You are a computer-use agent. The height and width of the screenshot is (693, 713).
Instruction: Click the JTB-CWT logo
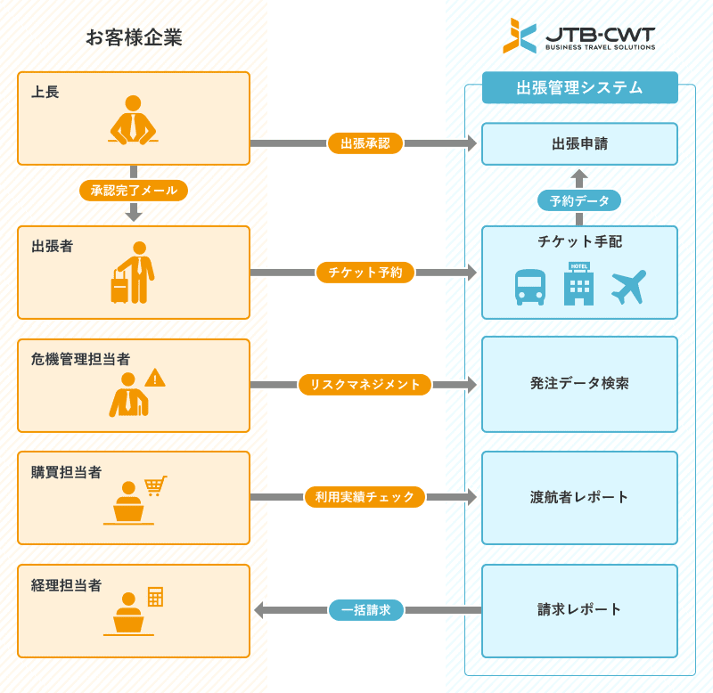click(x=578, y=36)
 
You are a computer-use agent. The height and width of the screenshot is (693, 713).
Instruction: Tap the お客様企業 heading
click(x=134, y=37)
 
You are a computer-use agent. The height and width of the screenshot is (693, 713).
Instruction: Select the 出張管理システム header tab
click(x=579, y=87)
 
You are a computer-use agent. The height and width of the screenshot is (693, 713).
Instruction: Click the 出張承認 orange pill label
click(x=365, y=143)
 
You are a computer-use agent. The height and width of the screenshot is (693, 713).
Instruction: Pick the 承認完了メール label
click(x=134, y=190)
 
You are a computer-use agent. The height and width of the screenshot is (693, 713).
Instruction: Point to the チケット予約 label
click(x=365, y=273)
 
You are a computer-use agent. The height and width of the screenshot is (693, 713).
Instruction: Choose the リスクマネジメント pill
click(x=365, y=385)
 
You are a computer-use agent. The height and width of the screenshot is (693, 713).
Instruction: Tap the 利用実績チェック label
click(x=365, y=497)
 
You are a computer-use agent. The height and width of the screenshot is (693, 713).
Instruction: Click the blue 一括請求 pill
click(x=366, y=610)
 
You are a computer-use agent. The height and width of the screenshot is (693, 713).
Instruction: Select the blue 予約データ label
click(x=579, y=200)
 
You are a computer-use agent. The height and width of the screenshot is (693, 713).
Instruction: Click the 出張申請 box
click(x=579, y=143)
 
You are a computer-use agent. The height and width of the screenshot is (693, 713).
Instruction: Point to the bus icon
click(x=529, y=287)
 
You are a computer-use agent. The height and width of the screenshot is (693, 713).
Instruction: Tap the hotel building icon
click(x=578, y=284)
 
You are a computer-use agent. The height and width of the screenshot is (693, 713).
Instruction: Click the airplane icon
click(x=628, y=287)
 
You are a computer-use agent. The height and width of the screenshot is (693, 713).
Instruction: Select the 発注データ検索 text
click(x=579, y=383)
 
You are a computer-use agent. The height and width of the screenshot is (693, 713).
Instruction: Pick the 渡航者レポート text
click(x=579, y=497)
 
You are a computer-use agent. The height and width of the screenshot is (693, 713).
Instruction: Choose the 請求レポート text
click(x=579, y=610)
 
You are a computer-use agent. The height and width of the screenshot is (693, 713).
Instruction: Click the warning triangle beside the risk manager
click(x=155, y=378)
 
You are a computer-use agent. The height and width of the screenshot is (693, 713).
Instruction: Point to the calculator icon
click(x=155, y=597)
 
